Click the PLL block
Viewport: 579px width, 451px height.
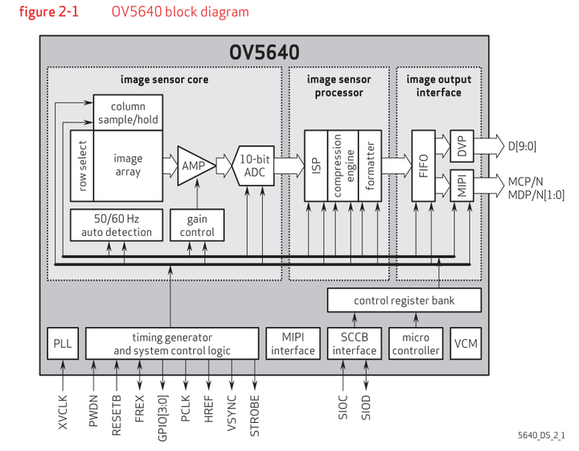62,343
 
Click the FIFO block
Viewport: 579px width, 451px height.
422,165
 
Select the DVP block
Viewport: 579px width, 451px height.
462,147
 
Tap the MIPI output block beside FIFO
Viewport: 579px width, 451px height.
462,184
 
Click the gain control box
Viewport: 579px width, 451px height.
197,225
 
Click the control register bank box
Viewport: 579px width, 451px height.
404,300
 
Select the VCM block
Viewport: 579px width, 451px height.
466,343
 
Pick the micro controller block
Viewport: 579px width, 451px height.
415,343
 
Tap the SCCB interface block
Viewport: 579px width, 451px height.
355,343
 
